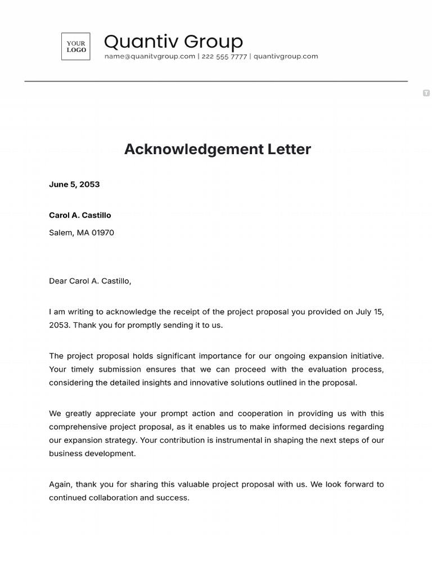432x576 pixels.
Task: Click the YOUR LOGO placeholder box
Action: [76, 47]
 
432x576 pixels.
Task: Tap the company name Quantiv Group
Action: [173, 41]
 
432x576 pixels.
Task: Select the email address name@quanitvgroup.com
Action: [150, 56]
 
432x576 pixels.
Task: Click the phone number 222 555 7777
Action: [224, 56]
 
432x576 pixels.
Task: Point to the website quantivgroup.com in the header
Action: [286, 56]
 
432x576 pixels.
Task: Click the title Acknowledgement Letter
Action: [217, 149]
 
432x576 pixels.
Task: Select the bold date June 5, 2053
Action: [74, 184]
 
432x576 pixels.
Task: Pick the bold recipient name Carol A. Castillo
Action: [80, 215]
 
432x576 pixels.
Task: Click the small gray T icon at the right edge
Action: [426, 93]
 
